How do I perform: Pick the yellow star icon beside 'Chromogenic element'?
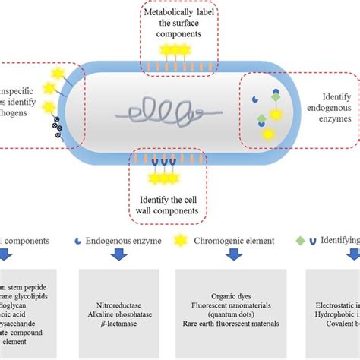(x=182, y=239)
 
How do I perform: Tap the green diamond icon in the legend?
(x=302, y=239)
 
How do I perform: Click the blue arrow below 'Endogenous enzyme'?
(x=118, y=257)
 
